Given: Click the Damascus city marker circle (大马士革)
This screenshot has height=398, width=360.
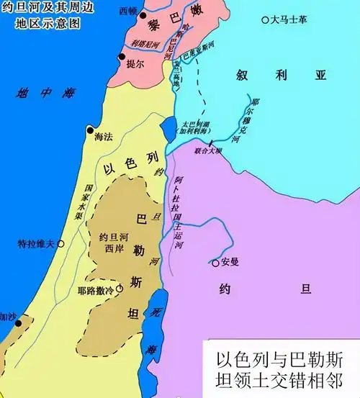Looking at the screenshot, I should pos(265,19).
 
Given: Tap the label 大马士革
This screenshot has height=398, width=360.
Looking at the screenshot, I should pos(289,19).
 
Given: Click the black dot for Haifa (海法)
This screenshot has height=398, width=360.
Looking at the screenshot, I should pos(90,130).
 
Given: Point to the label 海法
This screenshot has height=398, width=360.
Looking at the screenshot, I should pos(104,143).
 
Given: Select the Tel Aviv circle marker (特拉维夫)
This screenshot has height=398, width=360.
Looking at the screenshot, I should pos(60,244).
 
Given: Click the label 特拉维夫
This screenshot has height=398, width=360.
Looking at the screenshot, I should pos(35,244).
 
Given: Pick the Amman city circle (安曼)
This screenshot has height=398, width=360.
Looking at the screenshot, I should pos(215,263).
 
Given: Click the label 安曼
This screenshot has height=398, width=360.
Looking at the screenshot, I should pos(230,263).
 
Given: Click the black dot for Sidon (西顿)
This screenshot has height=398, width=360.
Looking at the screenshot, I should pos(143,15).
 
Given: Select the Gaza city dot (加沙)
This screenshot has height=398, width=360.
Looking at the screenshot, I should pos(22,317).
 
